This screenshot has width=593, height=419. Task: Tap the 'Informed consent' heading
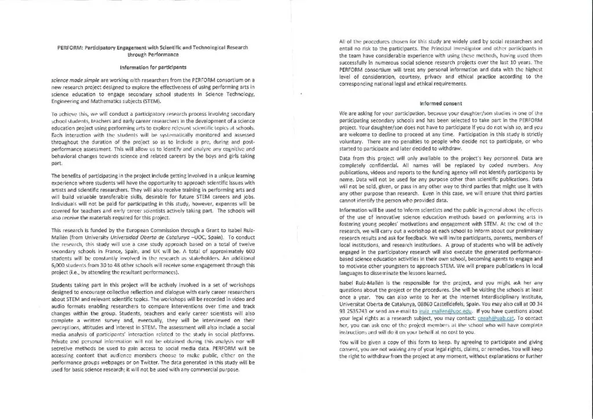(441, 104)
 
